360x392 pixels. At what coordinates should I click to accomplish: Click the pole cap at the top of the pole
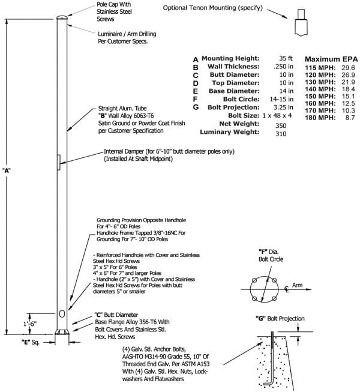pyautogui.click(x=62, y=17)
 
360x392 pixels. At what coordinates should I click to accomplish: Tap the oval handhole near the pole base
pyautogui.click(x=62, y=313)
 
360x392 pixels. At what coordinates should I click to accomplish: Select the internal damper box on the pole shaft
pyautogui.click(x=59, y=163)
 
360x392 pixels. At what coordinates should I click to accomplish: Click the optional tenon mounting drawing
pyautogui.click(x=301, y=22)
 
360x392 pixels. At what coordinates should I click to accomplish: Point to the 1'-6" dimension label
pyautogui.click(x=30, y=324)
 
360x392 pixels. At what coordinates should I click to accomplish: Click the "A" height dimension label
pyautogui.click(x=6, y=170)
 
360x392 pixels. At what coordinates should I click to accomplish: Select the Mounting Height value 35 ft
pyautogui.click(x=286, y=58)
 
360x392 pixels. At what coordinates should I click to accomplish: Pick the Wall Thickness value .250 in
pyautogui.click(x=283, y=67)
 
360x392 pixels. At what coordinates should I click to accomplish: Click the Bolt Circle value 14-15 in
pyautogui.click(x=281, y=99)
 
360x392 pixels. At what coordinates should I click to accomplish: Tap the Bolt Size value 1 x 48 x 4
pyautogui.click(x=277, y=115)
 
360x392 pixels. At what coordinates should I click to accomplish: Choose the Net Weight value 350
pyautogui.click(x=281, y=125)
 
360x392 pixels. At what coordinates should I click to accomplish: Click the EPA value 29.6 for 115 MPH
pyautogui.click(x=348, y=68)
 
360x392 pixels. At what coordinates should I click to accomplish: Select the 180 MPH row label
pyautogui.click(x=320, y=118)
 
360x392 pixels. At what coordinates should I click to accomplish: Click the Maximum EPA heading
pyautogui.click(x=331, y=59)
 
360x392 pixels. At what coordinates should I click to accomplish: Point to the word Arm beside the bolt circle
pyautogui.click(x=297, y=285)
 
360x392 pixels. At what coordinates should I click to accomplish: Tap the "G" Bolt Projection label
pyautogui.click(x=280, y=319)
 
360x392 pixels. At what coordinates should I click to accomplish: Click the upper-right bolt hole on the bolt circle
pyautogui.click(x=274, y=280)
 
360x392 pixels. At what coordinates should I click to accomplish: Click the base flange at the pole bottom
pyautogui.click(x=62, y=332)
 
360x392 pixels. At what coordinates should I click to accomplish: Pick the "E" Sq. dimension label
pyautogui.click(x=31, y=342)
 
